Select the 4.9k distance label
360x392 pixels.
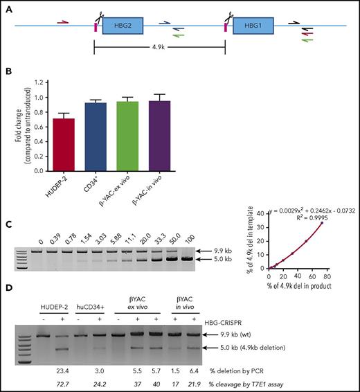click(159, 50)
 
